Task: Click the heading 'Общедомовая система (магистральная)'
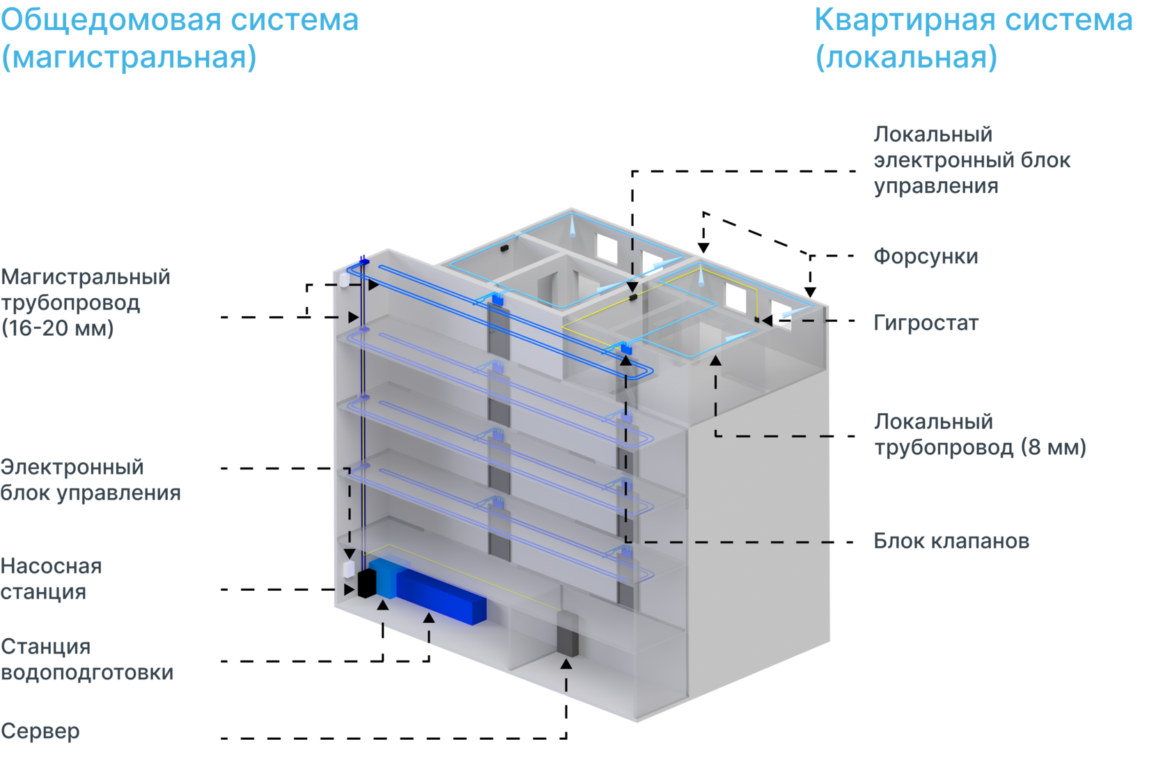pos(180,38)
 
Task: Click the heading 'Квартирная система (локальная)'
pos(974,38)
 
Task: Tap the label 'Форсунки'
pos(926,256)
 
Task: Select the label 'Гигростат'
pos(926,323)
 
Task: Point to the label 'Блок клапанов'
pos(951,541)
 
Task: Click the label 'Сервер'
pos(40,731)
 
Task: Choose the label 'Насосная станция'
pos(52,578)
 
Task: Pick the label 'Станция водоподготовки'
pos(86,660)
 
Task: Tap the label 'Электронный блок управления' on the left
pos(91,480)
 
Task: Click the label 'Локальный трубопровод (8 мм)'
pos(981,434)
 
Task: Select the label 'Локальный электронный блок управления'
pos(972,160)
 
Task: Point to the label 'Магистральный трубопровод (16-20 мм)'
pos(86,302)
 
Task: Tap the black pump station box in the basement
pos(366,582)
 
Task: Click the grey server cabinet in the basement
pos(567,635)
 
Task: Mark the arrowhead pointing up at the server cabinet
pos(566,664)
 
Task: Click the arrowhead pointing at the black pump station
pos(350,589)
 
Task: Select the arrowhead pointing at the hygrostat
pos(767,320)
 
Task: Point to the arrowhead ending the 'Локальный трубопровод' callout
pos(716,360)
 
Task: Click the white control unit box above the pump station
pos(348,568)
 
